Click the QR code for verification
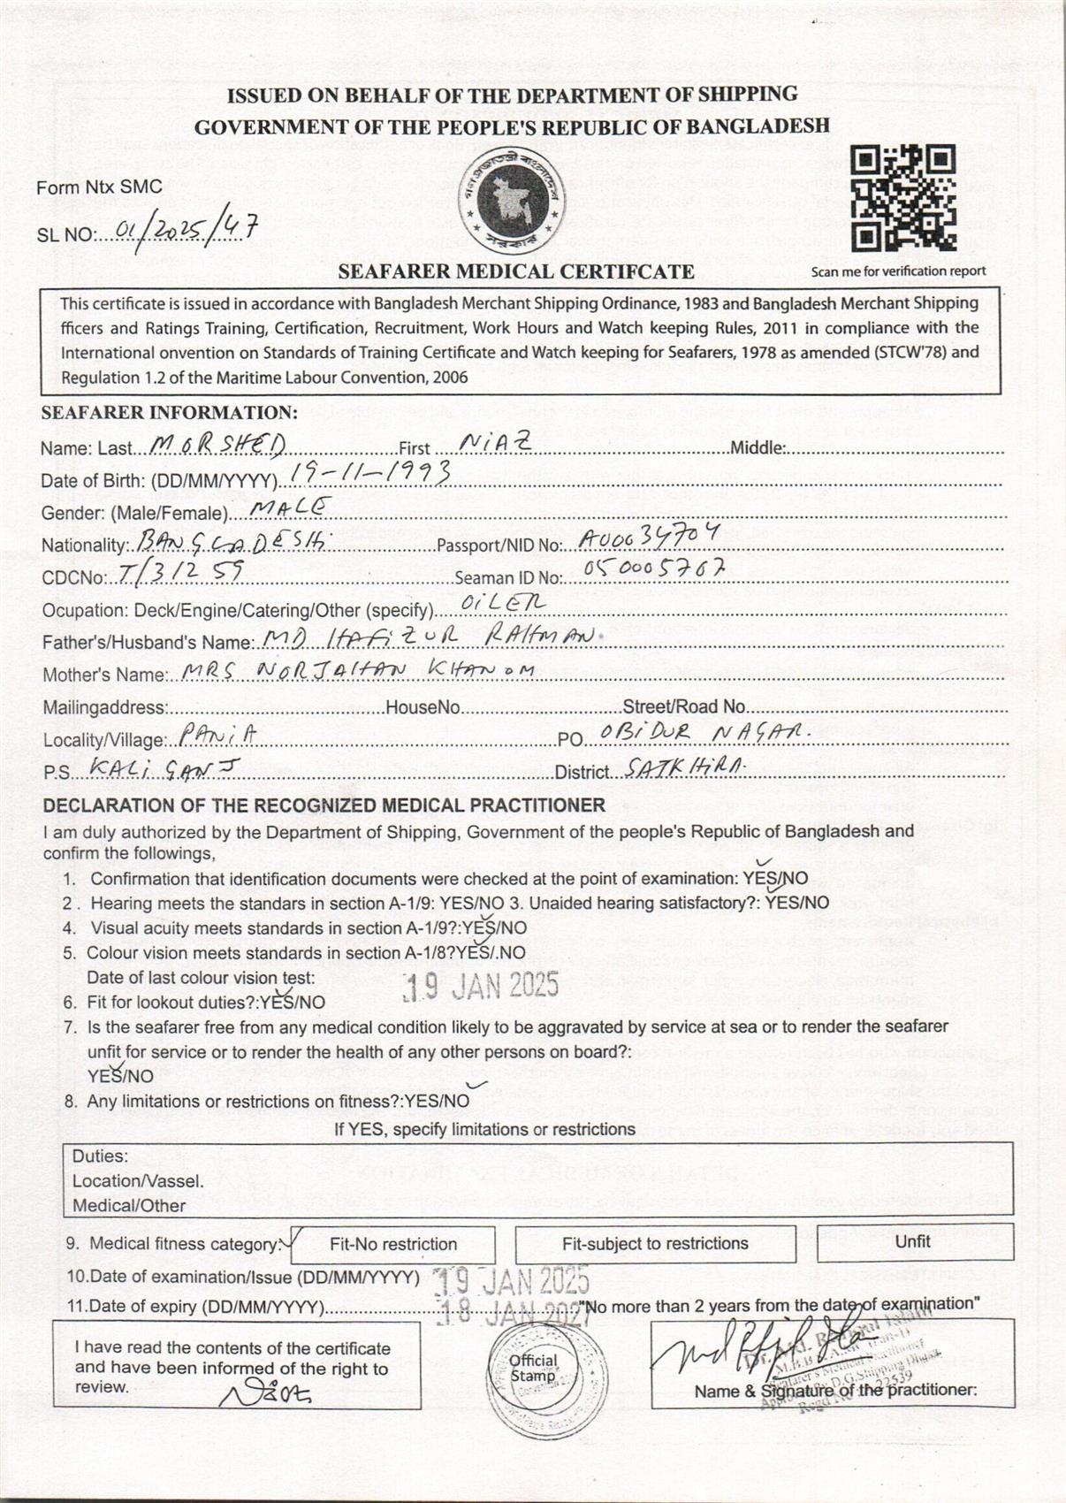click(x=902, y=199)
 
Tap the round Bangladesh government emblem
click(x=512, y=197)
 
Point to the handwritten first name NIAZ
click(x=495, y=444)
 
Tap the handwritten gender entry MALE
click(x=291, y=507)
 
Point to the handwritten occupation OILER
click(x=503, y=604)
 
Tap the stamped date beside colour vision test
click(x=482, y=985)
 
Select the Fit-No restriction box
click(x=393, y=1244)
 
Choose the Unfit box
click(x=914, y=1242)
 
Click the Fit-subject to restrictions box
click(x=655, y=1244)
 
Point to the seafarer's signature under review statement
click(x=265, y=1393)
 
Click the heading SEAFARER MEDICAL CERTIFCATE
click(x=516, y=271)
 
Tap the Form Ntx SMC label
click(x=99, y=187)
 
